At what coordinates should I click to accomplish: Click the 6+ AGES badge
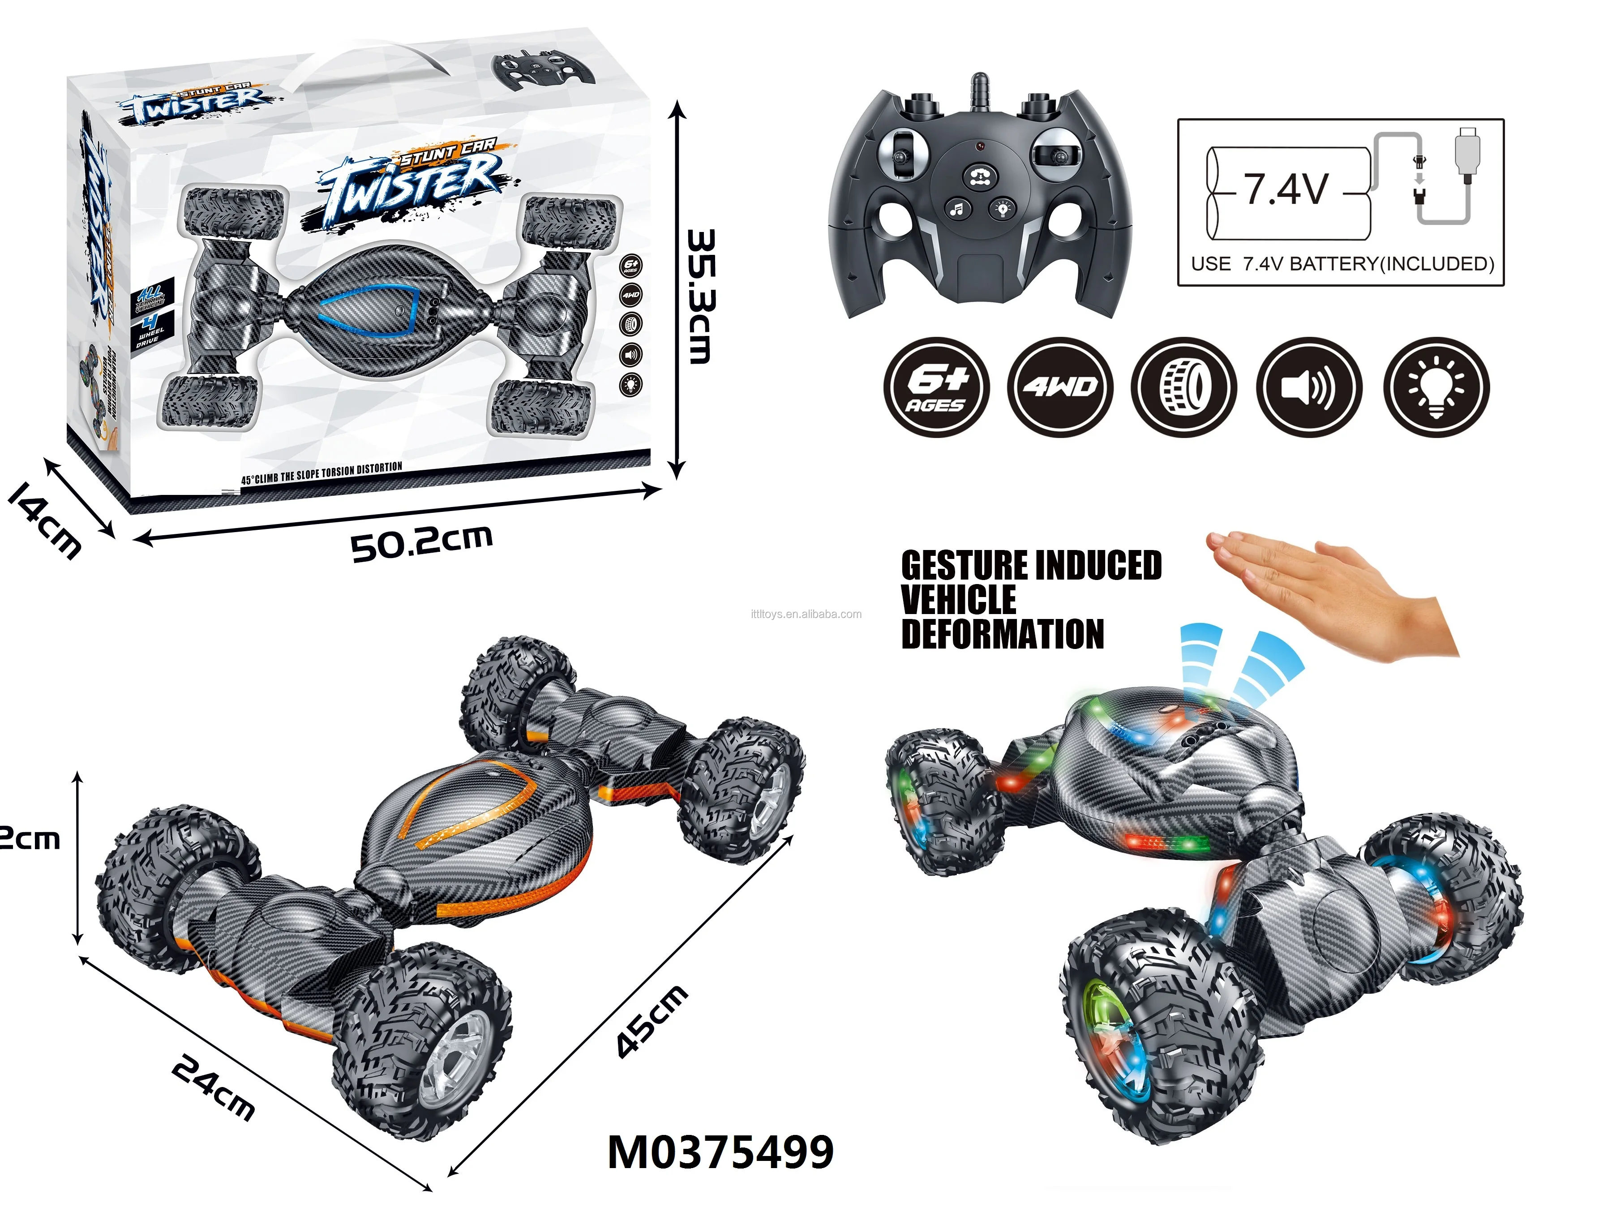pyautogui.click(x=936, y=388)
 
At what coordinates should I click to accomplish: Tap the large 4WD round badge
pyautogui.click(x=1060, y=388)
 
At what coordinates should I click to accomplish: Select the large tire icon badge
pyautogui.click(x=1184, y=388)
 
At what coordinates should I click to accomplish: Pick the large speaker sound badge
pyautogui.click(x=1309, y=388)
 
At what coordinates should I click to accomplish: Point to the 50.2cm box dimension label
pyautogui.click(x=421, y=543)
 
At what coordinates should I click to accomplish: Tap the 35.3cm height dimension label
pyautogui.click(x=700, y=297)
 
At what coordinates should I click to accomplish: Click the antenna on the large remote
pyautogui.click(x=978, y=91)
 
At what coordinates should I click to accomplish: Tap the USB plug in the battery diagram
pyautogui.click(x=1468, y=150)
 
